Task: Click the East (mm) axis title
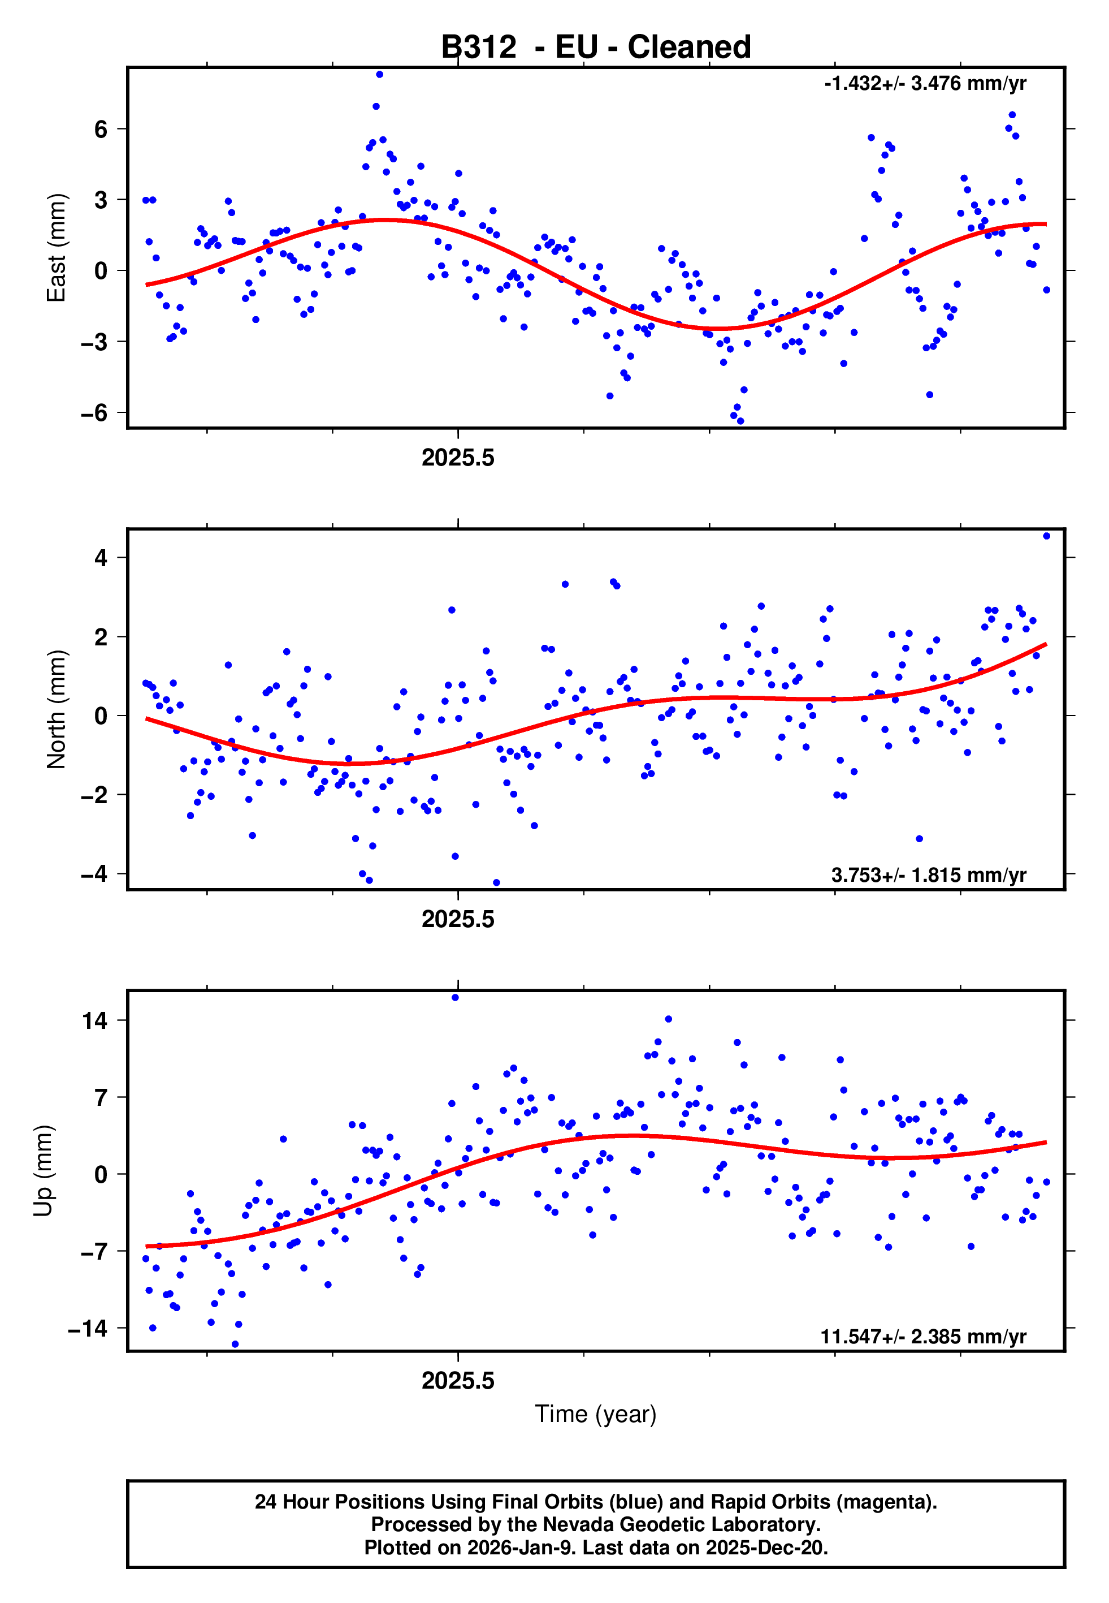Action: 57,248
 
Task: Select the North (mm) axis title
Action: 57,709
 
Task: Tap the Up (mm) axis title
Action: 43,1171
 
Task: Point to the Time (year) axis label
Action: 596,1414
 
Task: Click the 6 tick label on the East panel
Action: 101,130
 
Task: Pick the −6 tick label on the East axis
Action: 94,413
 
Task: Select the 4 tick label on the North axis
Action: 101,558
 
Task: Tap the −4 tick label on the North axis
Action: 94,874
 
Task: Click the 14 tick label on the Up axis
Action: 94,1020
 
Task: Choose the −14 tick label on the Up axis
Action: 88,1329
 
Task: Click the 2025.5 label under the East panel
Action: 458,458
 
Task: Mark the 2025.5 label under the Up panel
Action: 458,1381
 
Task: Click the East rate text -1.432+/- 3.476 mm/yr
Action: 925,83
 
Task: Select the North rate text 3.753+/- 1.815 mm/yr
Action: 928,875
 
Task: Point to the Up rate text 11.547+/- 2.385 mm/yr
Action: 924,1337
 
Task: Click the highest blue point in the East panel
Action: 379,74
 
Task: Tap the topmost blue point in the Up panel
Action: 455,998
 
